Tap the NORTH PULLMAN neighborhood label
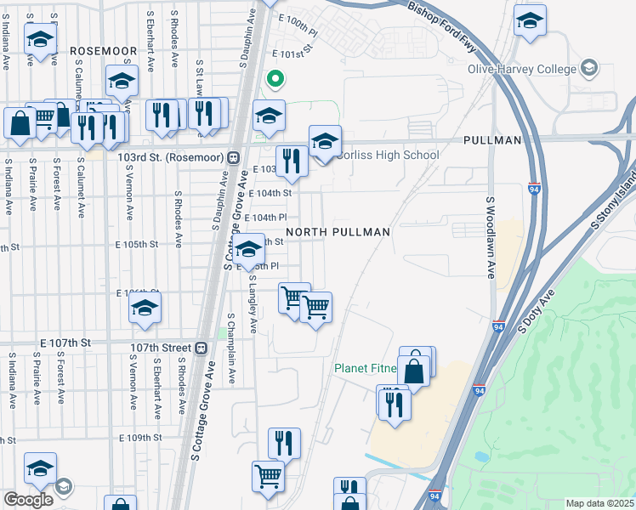pyautogui.click(x=338, y=232)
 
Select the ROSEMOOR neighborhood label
pyautogui.click(x=104, y=51)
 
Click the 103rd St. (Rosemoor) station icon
pyautogui.click(x=232, y=157)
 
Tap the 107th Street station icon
pyautogui.click(x=201, y=348)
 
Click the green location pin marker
pyautogui.click(x=275, y=80)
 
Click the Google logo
pyautogui.click(x=28, y=499)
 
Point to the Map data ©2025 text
pyautogui.click(x=599, y=503)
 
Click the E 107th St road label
pyautogui.click(x=65, y=343)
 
